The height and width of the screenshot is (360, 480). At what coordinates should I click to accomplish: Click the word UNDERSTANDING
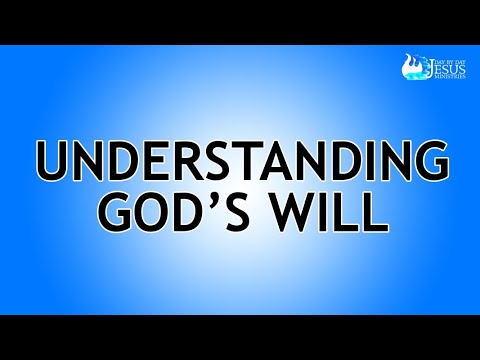click(240, 159)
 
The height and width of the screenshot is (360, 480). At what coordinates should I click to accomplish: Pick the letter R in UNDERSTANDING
click(171, 159)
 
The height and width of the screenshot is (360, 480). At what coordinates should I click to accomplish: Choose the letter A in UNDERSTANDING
click(262, 159)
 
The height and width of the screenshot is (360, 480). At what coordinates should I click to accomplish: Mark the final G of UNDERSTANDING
click(425, 159)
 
